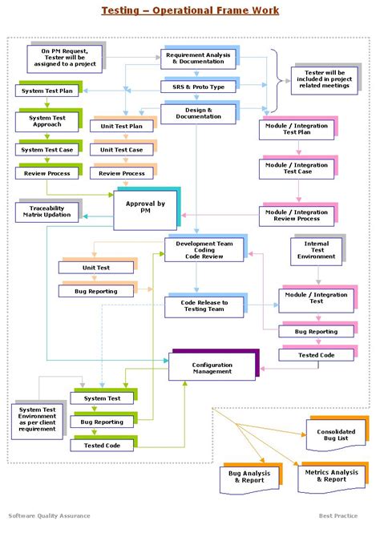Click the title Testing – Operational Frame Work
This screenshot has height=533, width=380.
(x=190, y=10)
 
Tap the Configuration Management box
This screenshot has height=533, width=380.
(x=212, y=367)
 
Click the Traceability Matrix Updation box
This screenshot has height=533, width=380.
(x=45, y=212)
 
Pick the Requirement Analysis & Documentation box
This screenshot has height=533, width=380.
(x=198, y=58)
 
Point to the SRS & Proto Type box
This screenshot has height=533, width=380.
(x=198, y=87)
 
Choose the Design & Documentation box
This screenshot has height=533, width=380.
(x=198, y=114)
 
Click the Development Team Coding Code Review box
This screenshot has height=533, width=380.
(x=204, y=249)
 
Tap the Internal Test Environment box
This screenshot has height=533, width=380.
(x=316, y=252)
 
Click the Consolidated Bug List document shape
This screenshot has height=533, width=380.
(x=329, y=436)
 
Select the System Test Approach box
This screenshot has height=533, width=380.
(x=46, y=122)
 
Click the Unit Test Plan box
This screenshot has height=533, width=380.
(x=122, y=127)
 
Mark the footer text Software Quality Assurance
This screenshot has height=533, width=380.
(x=50, y=516)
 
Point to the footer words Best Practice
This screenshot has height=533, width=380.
(x=338, y=516)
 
